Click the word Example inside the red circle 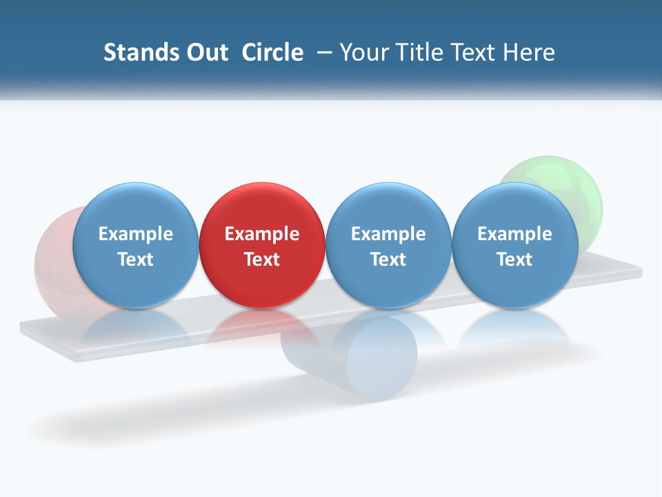coord(262,234)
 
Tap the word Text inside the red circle coord(262,260)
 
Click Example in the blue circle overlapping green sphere coord(514,234)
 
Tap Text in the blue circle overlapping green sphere coord(514,260)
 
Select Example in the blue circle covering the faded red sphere coord(135,234)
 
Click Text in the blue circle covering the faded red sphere coord(135,260)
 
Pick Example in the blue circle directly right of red coord(388,234)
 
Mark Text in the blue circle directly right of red coord(388,260)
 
